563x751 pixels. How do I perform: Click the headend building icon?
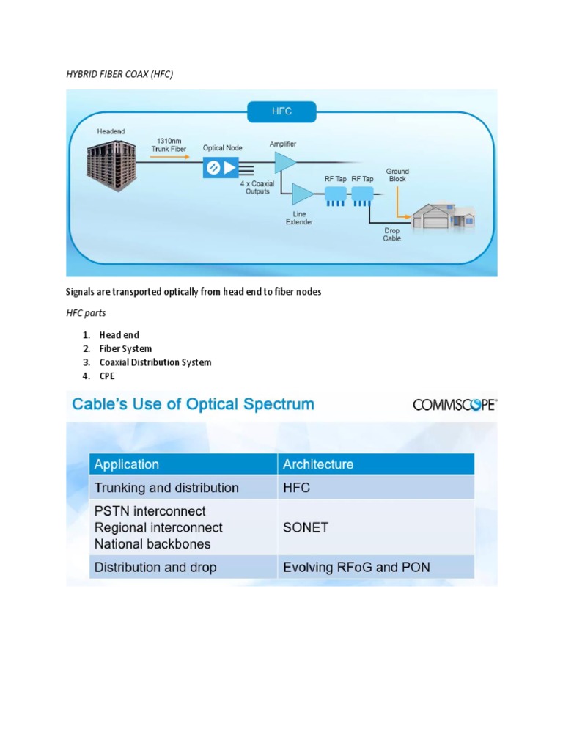pyautogui.click(x=110, y=163)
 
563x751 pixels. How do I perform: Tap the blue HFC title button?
pyautogui.click(x=281, y=112)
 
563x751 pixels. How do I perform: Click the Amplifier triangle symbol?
pyautogui.click(x=285, y=163)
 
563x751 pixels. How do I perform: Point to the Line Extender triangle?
pyautogui.click(x=301, y=194)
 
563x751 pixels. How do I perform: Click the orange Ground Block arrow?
pyautogui.click(x=399, y=202)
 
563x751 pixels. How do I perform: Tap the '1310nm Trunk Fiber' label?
pyautogui.click(x=169, y=144)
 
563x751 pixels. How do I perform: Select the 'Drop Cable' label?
pyautogui.click(x=392, y=234)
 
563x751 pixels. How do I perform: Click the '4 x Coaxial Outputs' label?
pyautogui.click(x=257, y=188)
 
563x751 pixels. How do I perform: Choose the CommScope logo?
pyautogui.click(x=455, y=405)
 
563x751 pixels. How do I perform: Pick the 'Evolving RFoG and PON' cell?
pyautogui.click(x=356, y=567)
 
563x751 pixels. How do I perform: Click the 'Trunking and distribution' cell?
pyautogui.click(x=166, y=488)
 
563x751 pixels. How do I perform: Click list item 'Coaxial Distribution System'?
pyautogui.click(x=155, y=362)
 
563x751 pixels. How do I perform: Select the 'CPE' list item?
pyautogui.click(x=107, y=376)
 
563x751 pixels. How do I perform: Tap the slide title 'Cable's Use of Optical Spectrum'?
pyautogui.click(x=191, y=404)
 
